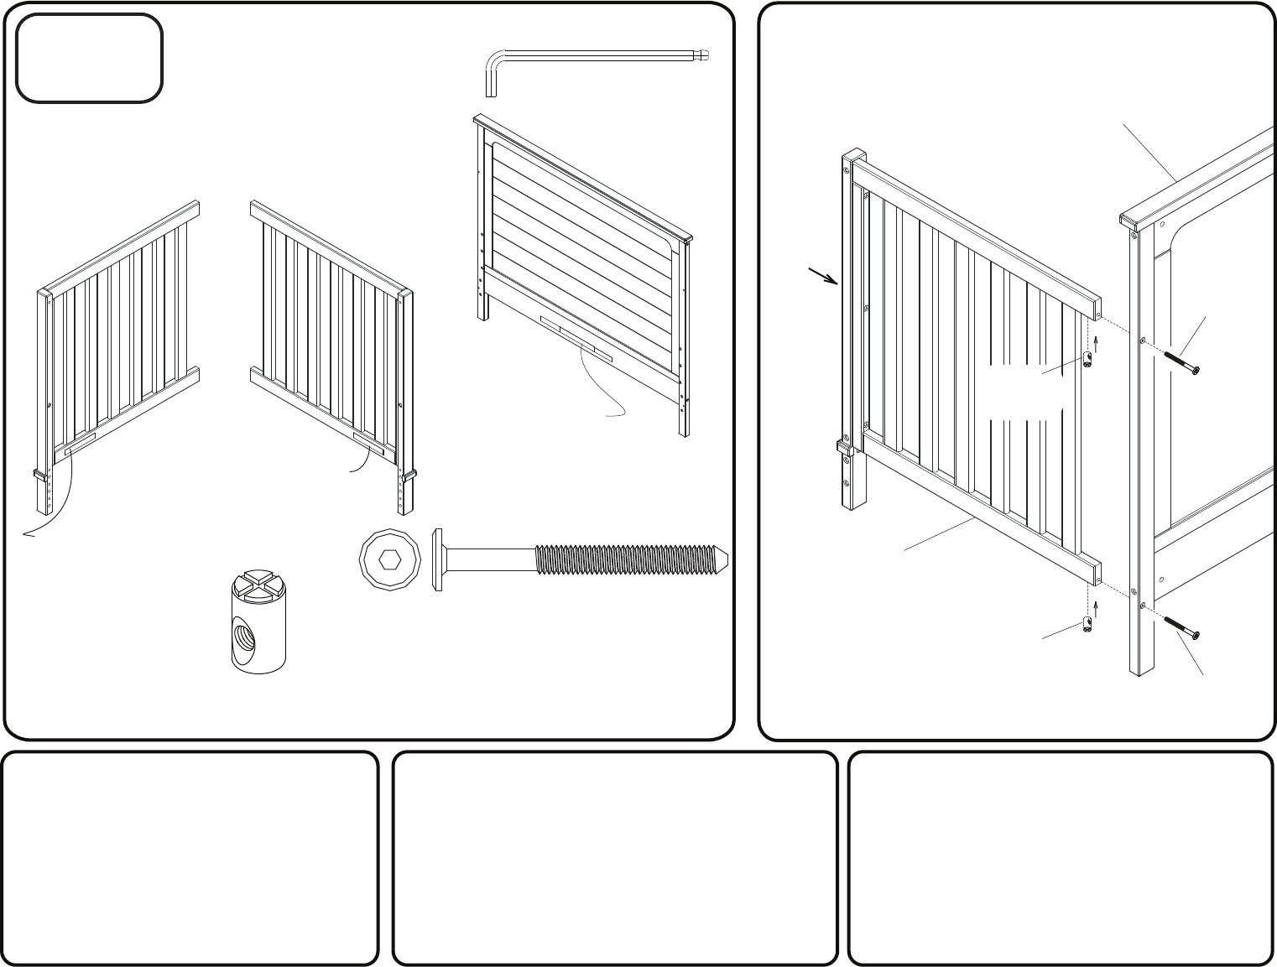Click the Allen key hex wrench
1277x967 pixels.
coord(587,56)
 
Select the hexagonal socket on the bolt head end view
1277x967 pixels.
coord(390,559)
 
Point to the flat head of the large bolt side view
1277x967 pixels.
coord(438,559)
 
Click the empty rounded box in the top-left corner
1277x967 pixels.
coord(89,58)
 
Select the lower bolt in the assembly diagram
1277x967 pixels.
coord(1181,624)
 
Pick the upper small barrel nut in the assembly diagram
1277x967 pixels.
coord(1088,361)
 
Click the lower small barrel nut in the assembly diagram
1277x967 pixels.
coord(1087,623)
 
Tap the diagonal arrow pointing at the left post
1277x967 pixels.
coord(822,276)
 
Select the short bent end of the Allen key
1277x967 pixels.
coord(491,80)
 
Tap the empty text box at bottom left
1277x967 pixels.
coord(190,858)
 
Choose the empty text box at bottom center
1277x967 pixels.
coord(615,858)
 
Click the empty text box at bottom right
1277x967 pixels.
coord(1061,858)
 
